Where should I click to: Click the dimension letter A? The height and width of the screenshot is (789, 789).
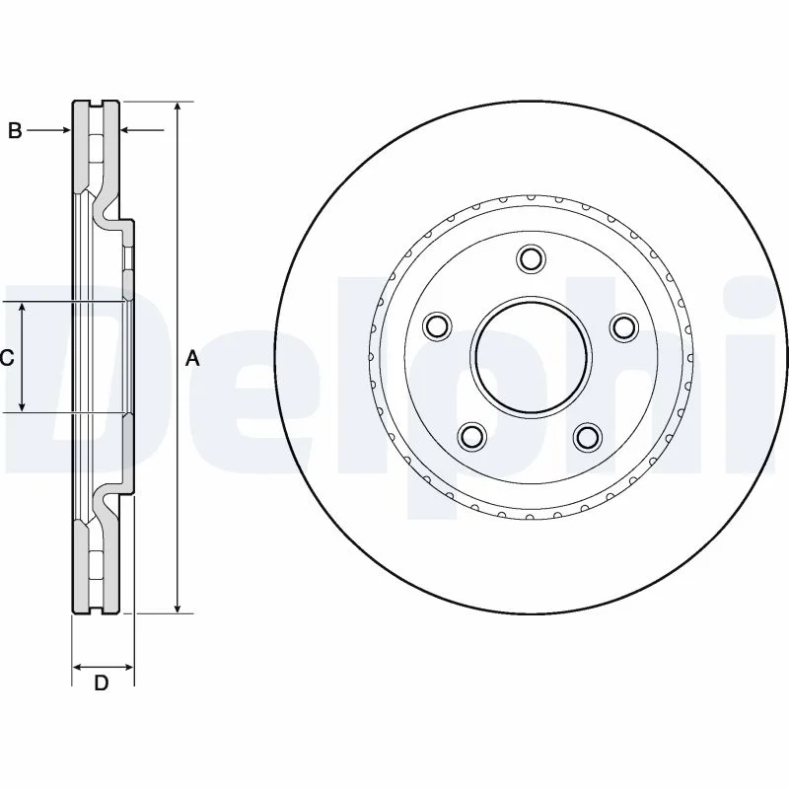point(192,359)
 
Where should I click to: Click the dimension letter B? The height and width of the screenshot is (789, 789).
point(15,131)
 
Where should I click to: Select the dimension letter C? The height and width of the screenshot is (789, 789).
point(7,358)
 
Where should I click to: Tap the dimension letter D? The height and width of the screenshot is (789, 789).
point(102,682)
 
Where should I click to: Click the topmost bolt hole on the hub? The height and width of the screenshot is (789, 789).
point(531,258)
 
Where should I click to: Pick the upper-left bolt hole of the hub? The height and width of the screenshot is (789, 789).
point(438,325)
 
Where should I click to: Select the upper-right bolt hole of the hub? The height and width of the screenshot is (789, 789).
point(624,326)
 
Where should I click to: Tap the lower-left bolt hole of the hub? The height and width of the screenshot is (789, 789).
point(473,435)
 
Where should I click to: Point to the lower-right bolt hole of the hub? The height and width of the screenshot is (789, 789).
point(588,436)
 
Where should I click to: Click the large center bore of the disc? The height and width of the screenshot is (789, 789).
point(531,358)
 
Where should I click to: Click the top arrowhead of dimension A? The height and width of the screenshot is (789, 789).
point(178,108)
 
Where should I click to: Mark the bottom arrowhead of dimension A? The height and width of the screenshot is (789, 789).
point(178,608)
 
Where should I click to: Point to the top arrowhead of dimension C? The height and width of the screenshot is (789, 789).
point(22,308)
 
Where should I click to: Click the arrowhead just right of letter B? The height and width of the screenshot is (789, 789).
point(65,130)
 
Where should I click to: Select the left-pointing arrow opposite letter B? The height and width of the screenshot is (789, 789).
point(142,130)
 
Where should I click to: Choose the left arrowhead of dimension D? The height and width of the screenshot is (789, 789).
point(79,668)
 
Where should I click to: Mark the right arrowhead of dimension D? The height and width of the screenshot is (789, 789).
point(128,668)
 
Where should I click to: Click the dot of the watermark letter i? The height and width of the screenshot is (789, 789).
point(756,297)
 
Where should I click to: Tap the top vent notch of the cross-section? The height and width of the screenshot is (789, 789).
point(96,105)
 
